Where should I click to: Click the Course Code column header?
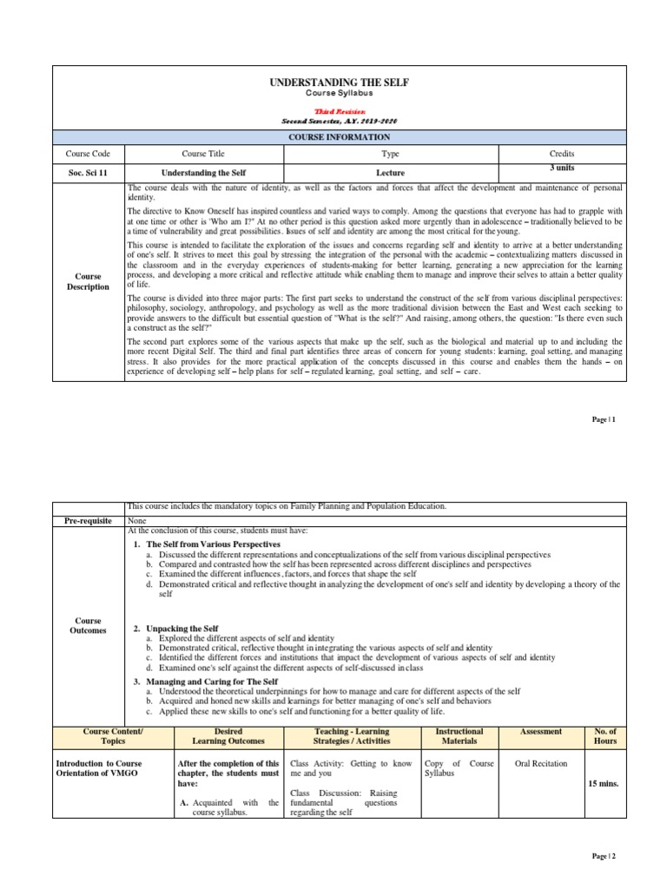tap(89, 154)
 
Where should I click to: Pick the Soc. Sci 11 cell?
tap(89, 173)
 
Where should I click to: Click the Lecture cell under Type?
tap(390, 173)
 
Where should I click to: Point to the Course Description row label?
tap(89, 281)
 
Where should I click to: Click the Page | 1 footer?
tap(604, 419)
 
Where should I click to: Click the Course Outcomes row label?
tap(89, 626)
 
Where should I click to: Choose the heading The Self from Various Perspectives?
tap(213, 543)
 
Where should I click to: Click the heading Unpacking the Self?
tap(182, 628)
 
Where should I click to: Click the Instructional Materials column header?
tap(459, 736)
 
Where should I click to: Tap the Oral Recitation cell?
tap(540, 764)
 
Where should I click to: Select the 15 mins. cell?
tap(602, 783)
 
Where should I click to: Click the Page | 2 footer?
tap(604, 856)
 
